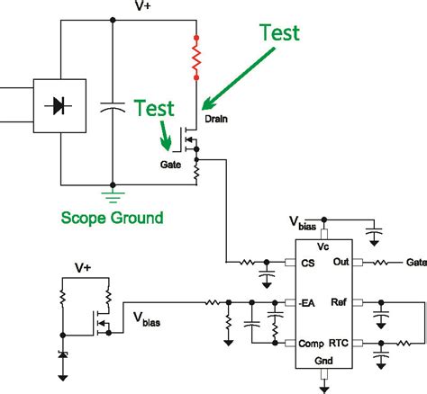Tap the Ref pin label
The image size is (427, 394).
tap(341, 302)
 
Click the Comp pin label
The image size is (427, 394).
tap(311, 344)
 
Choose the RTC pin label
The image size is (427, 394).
tap(338, 344)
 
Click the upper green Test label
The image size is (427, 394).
tap(279, 32)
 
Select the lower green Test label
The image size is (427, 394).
tap(155, 110)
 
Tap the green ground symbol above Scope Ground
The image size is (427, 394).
tap(113, 191)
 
